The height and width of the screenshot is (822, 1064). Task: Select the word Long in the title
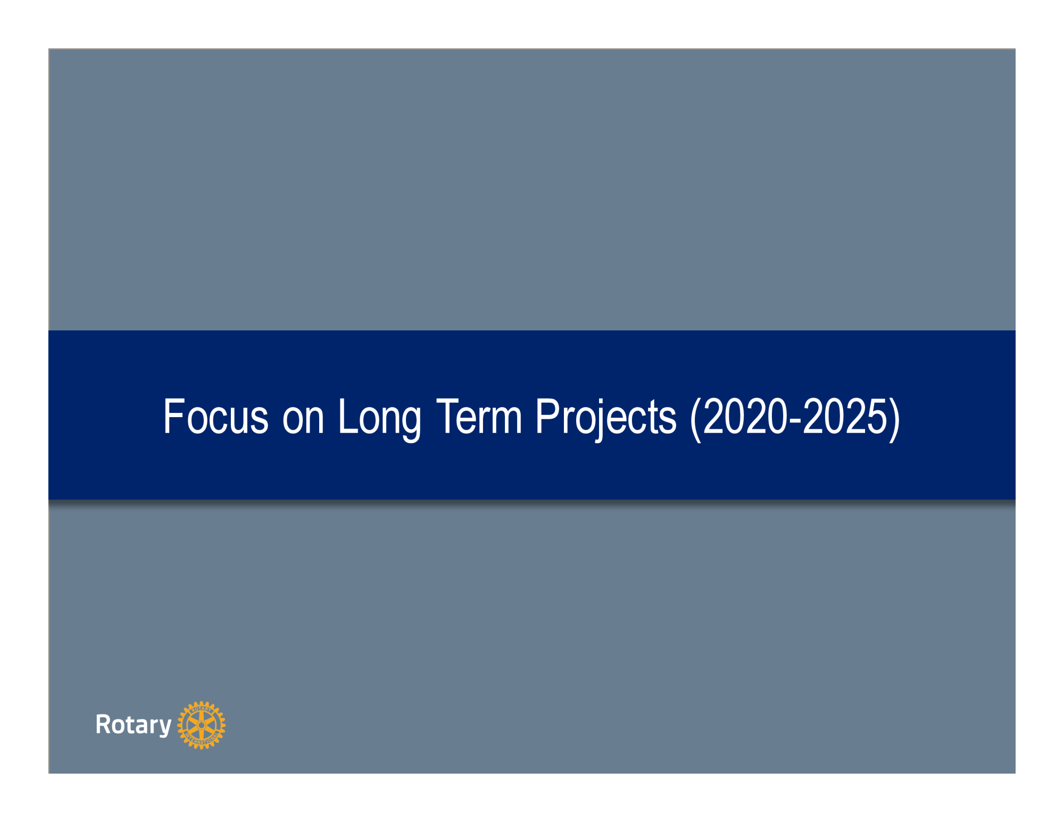380,420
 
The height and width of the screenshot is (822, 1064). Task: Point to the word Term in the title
479,417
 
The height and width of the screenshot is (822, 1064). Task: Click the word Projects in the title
606,420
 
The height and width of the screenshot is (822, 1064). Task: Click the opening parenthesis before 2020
696,420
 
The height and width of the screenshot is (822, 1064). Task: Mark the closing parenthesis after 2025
894,420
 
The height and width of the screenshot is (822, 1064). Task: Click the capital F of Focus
173,417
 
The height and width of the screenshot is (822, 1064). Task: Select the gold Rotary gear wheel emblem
201,725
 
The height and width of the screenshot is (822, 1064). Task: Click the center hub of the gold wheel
201,725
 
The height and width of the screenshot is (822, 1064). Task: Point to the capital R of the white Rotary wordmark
103,724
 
